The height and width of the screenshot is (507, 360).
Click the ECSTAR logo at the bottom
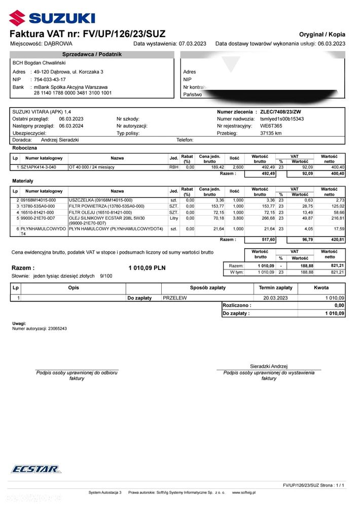click(35, 469)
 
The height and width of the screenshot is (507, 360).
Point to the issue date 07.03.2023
click(193, 44)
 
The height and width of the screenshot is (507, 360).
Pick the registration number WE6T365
click(271, 126)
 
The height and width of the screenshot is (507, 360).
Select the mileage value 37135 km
click(271, 133)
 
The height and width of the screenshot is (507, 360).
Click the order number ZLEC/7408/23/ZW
click(280, 112)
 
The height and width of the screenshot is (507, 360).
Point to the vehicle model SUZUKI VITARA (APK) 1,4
click(42, 112)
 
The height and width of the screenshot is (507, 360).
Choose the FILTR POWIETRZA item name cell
click(106, 206)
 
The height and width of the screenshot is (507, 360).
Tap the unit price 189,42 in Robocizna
click(210, 166)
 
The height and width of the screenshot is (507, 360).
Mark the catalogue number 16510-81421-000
click(39, 212)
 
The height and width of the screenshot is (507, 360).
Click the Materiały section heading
click(23, 180)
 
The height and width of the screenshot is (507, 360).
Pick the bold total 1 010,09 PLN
click(147, 267)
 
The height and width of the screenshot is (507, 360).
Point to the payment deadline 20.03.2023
click(275, 298)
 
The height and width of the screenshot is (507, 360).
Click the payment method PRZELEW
click(175, 298)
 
